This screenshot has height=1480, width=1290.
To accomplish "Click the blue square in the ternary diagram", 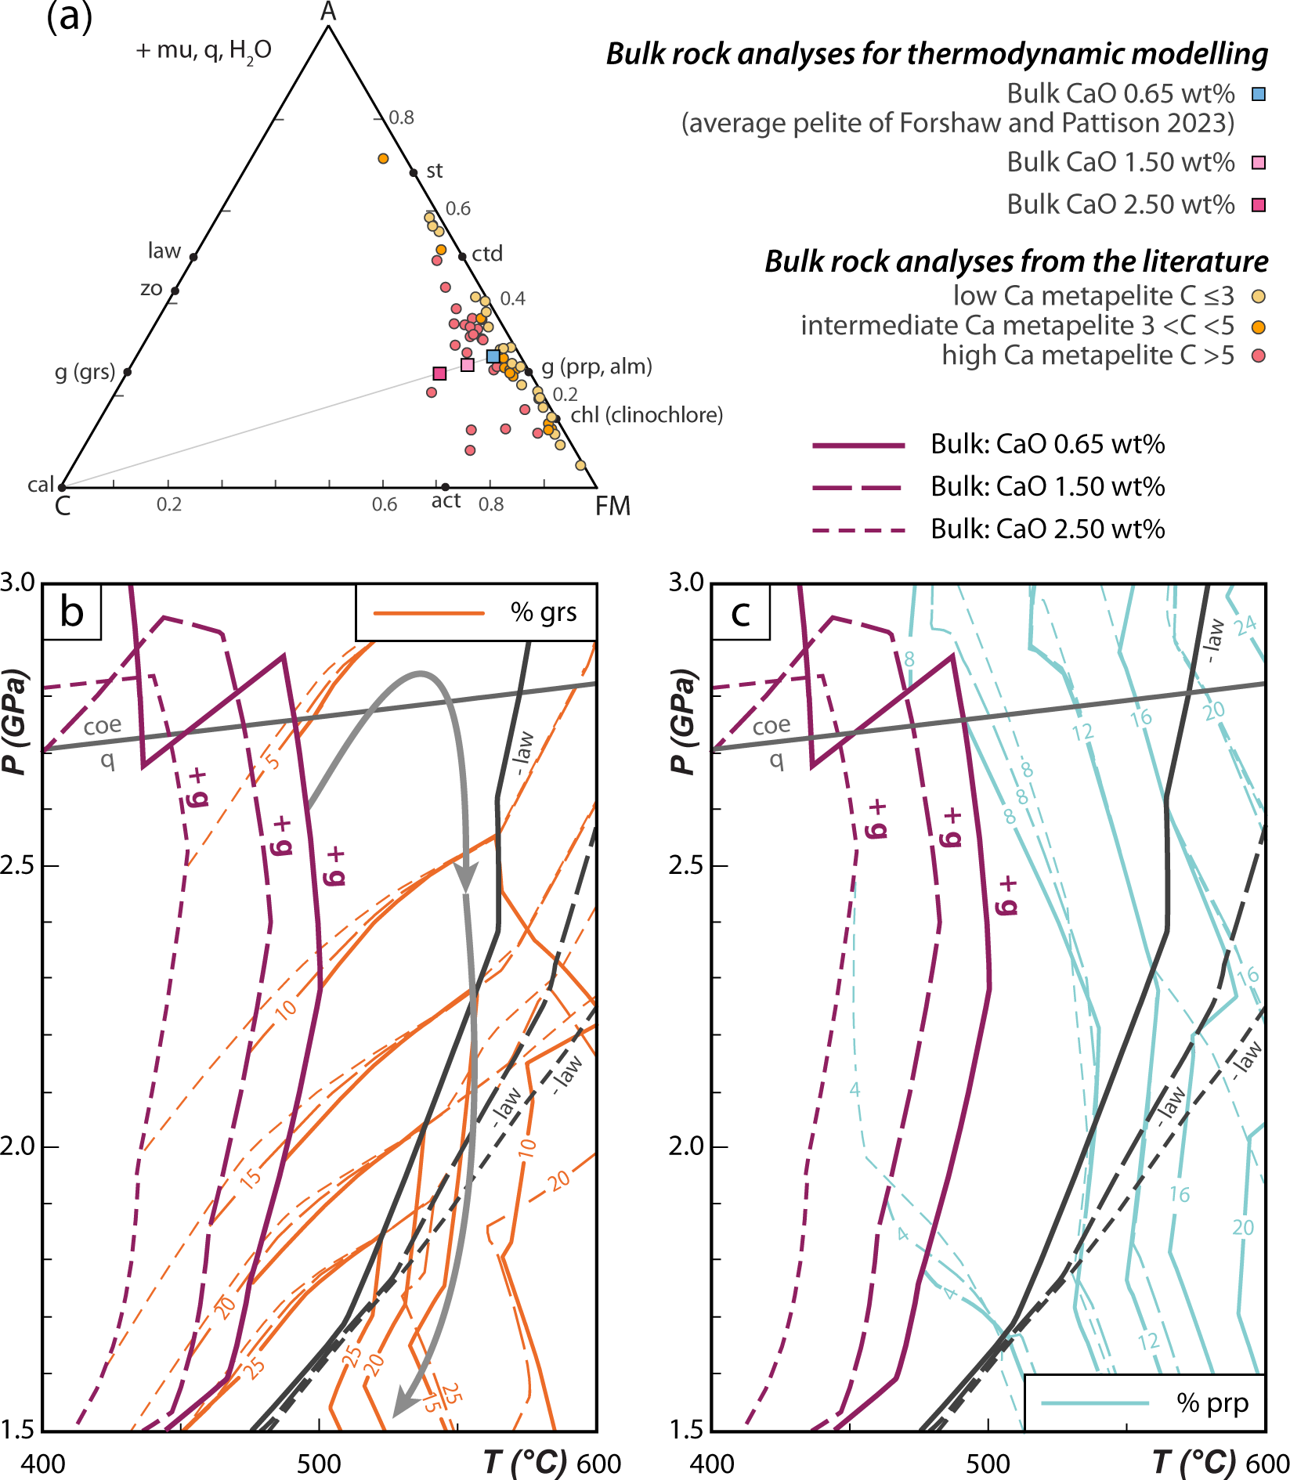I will tap(493, 356).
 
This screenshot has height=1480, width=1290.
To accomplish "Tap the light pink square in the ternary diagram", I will tap(468, 365).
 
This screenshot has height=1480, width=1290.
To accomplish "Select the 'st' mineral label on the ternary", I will tap(435, 171).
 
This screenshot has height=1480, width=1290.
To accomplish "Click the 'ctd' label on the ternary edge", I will tap(487, 254).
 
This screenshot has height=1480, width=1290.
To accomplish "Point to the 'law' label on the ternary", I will tap(164, 251).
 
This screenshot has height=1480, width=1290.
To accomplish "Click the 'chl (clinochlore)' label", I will tap(646, 415).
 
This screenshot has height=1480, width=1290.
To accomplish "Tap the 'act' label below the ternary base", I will tap(446, 501).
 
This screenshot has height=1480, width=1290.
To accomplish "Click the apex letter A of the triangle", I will tap(329, 12).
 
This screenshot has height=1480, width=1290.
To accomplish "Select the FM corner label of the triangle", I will tap(612, 507).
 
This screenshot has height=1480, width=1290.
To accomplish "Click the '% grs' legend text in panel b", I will tap(544, 612).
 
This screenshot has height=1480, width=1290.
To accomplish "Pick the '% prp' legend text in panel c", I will tap(1212, 1403).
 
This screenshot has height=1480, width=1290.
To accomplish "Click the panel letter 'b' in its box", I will tap(72, 612).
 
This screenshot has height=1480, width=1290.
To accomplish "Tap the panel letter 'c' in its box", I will tap(741, 612).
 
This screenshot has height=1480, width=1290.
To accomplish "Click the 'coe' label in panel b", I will tap(103, 726).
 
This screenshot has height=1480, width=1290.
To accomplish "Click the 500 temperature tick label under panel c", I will tap(988, 1464).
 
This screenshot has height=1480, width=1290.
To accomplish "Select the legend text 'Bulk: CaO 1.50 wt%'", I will tap(1047, 487).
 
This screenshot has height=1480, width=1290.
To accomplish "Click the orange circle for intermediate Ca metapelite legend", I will tap(1259, 327).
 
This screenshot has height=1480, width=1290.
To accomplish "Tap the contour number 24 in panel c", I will tap(1245, 624).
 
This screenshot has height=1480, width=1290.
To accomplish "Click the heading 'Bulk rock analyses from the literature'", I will tap(1016, 262).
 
